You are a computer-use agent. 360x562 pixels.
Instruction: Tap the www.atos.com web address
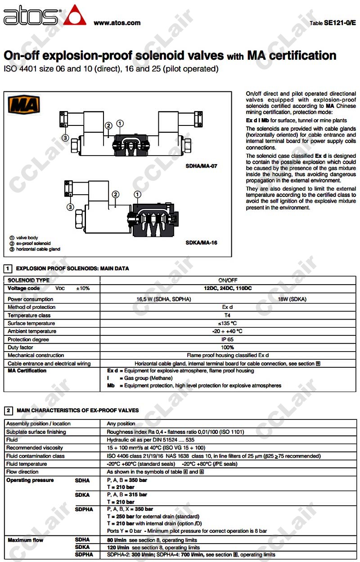(x=117, y=23)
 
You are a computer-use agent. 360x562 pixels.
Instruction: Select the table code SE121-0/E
(x=339, y=22)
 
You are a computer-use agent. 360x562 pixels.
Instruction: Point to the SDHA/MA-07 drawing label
(x=201, y=166)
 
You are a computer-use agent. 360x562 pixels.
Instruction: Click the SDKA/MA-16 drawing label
(x=201, y=243)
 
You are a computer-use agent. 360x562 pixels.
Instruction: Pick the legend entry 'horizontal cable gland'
(x=38, y=249)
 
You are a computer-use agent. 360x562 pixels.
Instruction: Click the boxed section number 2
(x=8, y=410)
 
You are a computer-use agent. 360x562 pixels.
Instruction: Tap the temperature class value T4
(x=227, y=315)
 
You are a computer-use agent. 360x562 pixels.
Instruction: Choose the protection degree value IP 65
(x=227, y=339)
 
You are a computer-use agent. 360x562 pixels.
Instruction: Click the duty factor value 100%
(x=227, y=348)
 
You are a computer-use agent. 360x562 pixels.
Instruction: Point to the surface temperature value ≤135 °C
(x=227, y=323)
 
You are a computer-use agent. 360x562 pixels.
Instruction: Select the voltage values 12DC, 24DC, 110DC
(x=227, y=288)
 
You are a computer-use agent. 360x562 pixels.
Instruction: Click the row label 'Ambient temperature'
(x=32, y=331)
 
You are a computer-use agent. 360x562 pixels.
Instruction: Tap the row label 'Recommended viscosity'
(x=35, y=448)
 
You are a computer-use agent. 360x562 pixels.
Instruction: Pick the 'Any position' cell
(x=121, y=424)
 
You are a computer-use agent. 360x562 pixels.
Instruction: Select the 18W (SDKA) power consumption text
(x=292, y=299)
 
